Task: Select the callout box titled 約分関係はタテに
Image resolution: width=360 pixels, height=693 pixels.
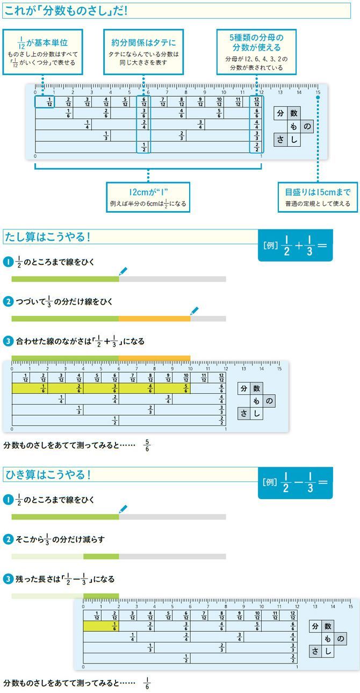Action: pos(143,51)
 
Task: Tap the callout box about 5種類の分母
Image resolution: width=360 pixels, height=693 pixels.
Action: pos(257,51)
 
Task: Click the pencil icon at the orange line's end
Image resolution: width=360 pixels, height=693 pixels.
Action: pos(195,311)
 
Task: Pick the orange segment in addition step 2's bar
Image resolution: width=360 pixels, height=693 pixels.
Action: pos(154,319)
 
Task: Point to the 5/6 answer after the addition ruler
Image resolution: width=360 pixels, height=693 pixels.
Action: pos(147,445)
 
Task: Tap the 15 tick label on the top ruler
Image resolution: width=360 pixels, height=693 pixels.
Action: pos(318,92)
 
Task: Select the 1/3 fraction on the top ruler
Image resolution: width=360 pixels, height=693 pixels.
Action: pos(106,135)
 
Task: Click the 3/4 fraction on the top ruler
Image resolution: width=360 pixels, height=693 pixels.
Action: pos(200,124)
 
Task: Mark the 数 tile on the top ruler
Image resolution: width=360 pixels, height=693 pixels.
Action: pos(293,113)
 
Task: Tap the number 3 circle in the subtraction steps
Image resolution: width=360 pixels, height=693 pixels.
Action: pos(8,579)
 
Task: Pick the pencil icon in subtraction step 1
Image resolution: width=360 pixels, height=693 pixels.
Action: pos(123,509)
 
